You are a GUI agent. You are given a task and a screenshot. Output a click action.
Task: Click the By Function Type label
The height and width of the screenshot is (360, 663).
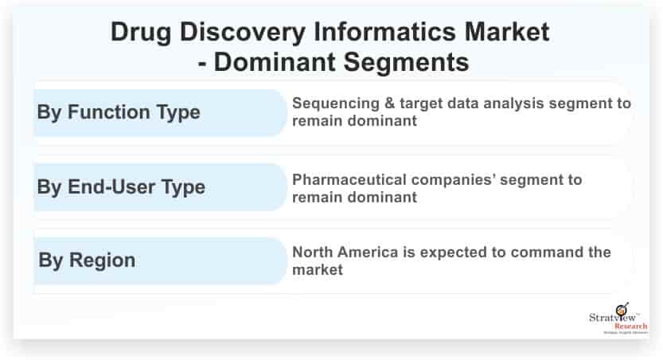pyautogui.click(x=119, y=113)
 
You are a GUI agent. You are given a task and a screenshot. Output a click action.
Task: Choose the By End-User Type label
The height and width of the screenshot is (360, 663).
pyautogui.click(x=121, y=187)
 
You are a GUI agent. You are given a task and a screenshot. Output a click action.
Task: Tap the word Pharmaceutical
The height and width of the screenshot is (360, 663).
pyautogui.click(x=349, y=180)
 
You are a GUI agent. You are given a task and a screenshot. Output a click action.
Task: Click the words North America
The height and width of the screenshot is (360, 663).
pyautogui.click(x=345, y=252)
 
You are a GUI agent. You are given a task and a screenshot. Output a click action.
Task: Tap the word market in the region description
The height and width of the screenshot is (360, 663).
pyautogui.click(x=317, y=270)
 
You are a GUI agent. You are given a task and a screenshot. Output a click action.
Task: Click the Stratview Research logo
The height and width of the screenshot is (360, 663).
pyautogui.click(x=618, y=319)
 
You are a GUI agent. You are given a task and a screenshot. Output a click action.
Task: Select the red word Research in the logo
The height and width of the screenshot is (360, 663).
pyautogui.click(x=631, y=327)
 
